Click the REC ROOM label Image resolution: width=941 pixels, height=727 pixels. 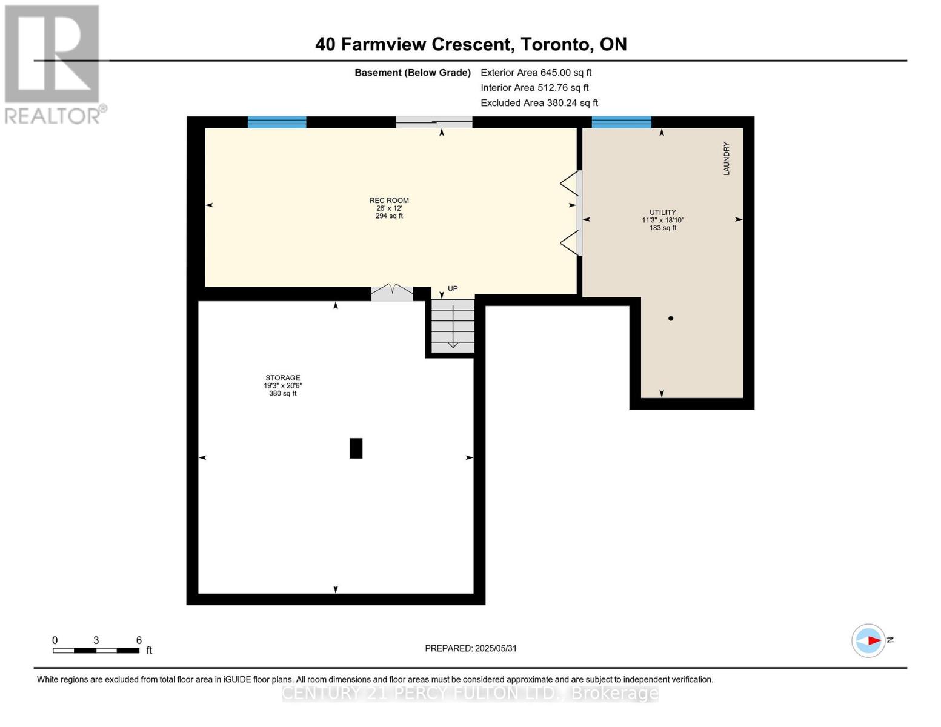(x=389, y=201)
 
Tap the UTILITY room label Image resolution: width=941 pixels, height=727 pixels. (x=662, y=212)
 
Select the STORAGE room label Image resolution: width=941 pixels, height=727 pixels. (x=283, y=377)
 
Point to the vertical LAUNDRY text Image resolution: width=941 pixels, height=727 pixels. (x=727, y=159)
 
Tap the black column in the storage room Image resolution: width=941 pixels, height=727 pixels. (x=356, y=448)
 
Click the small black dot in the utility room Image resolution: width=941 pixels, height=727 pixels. (x=671, y=319)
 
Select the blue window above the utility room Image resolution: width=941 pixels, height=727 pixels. (x=622, y=122)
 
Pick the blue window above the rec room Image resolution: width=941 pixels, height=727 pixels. (x=277, y=122)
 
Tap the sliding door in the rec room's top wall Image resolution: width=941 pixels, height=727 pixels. (x=434, y=122)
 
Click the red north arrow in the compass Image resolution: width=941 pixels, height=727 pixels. (x=874, y=640)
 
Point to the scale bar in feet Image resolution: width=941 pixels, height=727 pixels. (x=96, y=650)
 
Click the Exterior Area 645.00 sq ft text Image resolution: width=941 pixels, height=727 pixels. (x=536, y=73)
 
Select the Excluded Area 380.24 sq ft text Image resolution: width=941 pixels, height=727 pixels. (x=539, y=103)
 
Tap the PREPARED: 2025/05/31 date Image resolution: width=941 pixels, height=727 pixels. (x=471, y=648)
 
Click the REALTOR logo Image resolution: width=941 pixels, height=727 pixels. (x=54, y=65)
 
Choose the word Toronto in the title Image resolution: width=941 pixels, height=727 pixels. (x=556, y=44)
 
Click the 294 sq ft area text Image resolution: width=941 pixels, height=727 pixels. (x=389, y=216)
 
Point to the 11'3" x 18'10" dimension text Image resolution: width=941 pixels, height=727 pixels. (x=662, y=220)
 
